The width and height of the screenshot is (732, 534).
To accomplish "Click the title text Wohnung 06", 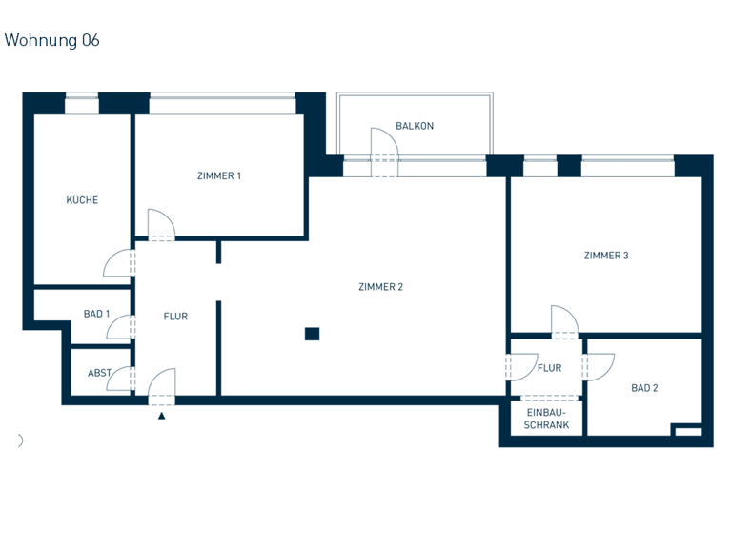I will click(52, 40).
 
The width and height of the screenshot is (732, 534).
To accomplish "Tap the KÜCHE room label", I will click(82, 200).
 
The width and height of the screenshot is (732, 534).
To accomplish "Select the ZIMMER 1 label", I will click(219, 175).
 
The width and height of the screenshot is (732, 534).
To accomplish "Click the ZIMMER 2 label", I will click(381, 286).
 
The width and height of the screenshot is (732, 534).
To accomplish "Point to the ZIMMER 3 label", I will click(606, 256).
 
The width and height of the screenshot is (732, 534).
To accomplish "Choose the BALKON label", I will click(415, 126).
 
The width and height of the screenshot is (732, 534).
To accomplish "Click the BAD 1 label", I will click(97, 314).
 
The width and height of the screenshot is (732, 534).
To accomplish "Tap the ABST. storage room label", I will click(100, 373).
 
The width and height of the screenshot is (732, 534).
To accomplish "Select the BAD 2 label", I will click(645, 388).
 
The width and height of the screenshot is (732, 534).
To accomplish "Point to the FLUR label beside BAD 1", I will click(175, 317).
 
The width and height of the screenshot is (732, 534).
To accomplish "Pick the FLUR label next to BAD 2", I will click(549, 367).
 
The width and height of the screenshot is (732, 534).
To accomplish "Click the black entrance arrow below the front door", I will click(162, 415).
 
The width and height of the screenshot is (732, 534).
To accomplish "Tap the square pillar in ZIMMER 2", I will click(312, 333).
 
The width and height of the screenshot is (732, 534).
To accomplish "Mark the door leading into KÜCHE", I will click(120, 261).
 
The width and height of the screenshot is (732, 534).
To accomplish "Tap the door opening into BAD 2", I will click(598, 366).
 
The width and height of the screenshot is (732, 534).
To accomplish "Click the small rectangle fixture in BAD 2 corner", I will click(686, 432).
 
